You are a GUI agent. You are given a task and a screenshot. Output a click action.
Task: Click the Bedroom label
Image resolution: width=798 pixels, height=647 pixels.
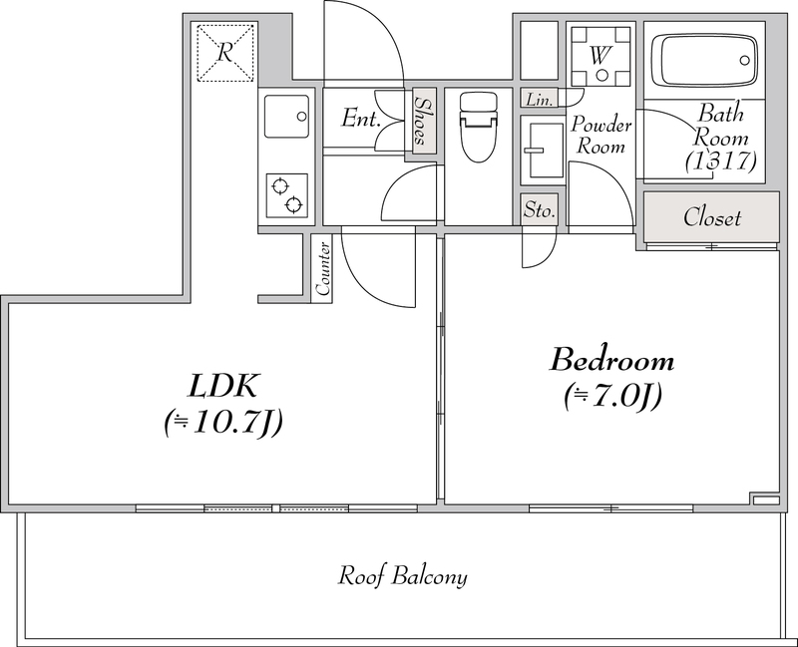tap(612, 360)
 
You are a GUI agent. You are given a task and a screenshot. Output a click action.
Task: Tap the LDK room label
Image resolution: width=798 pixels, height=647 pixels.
tap(223, 386)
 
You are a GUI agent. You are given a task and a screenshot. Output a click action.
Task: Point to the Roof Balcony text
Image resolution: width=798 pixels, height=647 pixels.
tap(403, 576)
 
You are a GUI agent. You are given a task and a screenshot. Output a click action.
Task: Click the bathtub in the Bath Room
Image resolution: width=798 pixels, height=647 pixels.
tap(704, 60)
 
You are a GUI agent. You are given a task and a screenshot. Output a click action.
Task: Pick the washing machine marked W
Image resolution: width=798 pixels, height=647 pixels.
tap(600, 56)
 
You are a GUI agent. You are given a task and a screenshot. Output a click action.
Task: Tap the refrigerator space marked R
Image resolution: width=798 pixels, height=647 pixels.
tap(225, 53)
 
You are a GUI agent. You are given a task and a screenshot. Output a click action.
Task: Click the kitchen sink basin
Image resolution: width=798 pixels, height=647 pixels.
tap(286, 116)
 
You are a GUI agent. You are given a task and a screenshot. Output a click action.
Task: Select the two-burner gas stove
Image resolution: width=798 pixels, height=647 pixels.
tap(287, 195)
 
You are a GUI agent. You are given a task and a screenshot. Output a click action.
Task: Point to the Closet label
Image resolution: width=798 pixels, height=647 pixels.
tap(711, 217)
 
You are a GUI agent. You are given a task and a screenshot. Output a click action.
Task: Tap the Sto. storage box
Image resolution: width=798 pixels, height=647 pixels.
tap(539, 209)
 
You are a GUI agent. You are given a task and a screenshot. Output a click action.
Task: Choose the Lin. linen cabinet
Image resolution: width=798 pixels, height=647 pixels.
tap(540, 99)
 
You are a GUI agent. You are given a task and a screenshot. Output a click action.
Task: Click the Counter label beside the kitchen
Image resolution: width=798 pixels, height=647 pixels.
tap(322, 269)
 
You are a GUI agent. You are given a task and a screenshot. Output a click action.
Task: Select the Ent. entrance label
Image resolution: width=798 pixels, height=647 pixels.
tap(361, 118)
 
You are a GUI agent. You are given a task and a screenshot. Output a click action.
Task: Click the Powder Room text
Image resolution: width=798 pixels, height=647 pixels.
tap(601, 135)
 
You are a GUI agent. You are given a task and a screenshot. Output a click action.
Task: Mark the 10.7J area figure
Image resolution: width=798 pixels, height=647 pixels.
tap(222, 422)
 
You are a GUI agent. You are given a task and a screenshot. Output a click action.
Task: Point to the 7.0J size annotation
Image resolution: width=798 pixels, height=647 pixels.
tap(612, 396)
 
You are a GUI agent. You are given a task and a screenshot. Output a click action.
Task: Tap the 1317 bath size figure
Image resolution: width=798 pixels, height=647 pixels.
tap(720, 162)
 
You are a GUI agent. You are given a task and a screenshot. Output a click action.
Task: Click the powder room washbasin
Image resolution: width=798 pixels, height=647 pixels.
tap(543, 151)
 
